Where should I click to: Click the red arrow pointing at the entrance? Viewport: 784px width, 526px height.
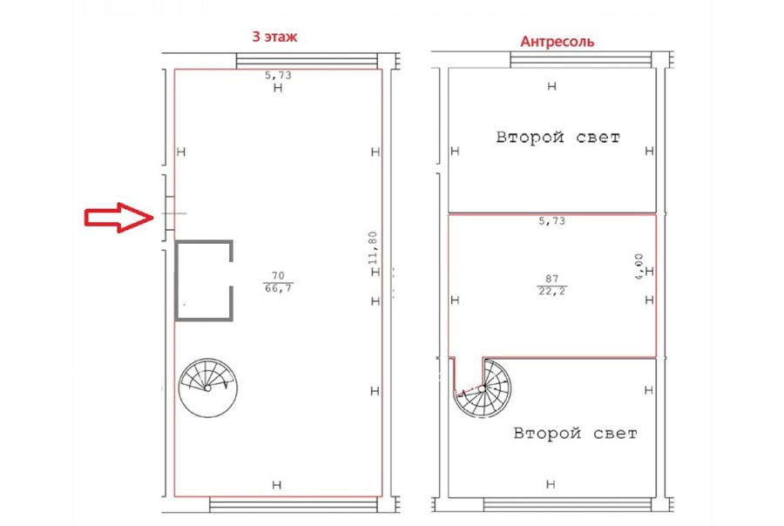pos(119,218)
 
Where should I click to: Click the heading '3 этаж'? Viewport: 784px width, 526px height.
pos(274,37)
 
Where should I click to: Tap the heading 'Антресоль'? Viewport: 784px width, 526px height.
pos(557,42)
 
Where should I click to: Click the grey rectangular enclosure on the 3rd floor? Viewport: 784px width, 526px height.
pos(176,280)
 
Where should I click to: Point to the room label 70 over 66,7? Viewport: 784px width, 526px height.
pos(278,282)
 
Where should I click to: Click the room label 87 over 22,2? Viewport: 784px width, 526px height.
pos(552,285)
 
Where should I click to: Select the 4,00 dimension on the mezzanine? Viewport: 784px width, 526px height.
pos(639,266)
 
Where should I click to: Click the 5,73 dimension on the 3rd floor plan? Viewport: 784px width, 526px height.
pos(278,76)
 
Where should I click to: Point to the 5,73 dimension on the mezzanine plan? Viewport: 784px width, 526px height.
pos(552,221)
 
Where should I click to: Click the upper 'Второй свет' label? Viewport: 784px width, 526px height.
pos(558,137)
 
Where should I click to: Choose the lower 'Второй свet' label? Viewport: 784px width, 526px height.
pos(576,433)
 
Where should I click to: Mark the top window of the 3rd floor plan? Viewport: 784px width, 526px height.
pos(307,61)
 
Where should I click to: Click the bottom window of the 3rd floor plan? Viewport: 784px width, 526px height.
pos(293,505)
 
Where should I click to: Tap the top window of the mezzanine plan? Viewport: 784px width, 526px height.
pos(580,60)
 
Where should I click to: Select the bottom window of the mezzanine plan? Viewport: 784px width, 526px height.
pos(567,504)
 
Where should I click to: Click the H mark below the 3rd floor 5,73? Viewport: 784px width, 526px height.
pos(278,88)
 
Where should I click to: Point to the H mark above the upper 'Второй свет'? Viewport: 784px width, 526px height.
pos(552,86)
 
